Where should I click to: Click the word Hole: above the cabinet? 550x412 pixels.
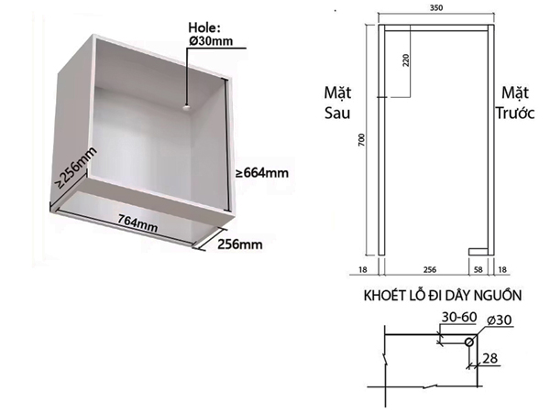(x=203, y=27)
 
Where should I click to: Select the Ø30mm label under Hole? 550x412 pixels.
(x=210, y=42)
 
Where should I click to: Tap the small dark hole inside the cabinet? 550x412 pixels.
(x=184, y=107)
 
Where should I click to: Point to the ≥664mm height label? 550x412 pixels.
(x=263, y=172)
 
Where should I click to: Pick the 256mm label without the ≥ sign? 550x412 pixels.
(x=239, y=244)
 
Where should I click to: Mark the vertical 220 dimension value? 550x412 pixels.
(x=403, y=63)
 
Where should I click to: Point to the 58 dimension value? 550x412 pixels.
(x=477, y=271)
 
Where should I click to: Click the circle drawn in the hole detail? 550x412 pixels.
(x=471, y=341)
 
